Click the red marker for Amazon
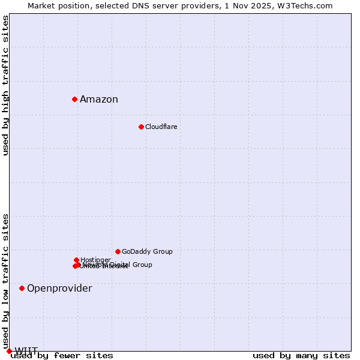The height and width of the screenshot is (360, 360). click(x=74, y=99)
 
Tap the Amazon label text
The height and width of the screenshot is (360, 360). click(x=99, y=100)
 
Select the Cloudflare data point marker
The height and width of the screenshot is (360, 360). click(x=141, y=127)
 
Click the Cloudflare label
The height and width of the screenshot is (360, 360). click(x=161, y=127)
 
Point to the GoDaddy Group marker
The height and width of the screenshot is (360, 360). click(x=118, y=251)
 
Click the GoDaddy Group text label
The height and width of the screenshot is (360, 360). click(x=147, y=251)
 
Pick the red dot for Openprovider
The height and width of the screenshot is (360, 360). click(x=22, y=288)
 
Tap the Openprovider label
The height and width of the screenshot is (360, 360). click(x=59, y=289)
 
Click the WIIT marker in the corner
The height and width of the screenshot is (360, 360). click(x=9, y=351)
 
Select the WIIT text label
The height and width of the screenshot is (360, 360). click(x=26, y=351)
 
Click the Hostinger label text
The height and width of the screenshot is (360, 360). click(x=95, y=260)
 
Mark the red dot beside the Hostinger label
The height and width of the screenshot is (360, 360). click(x=76, y=260)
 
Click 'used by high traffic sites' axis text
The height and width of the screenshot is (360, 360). click(x=6, y=86)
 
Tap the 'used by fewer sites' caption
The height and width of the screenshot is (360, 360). click(x=62, y=356)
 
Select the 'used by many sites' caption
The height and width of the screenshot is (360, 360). click(x=301, y=356)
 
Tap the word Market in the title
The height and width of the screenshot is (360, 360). click(x=40, y=5)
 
